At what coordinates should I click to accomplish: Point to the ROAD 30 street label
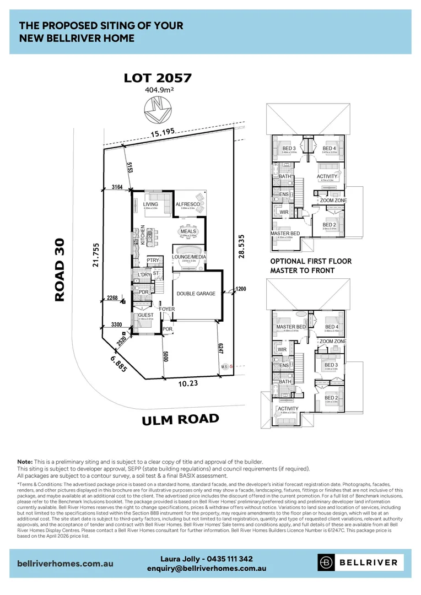pyautogui.click(x=60, y=269)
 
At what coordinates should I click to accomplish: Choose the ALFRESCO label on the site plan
pyautogui.click(x=188, y=204)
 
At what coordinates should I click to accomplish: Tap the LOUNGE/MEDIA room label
pyautogui.click(x=188, y=257)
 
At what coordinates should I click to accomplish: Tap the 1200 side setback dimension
pyautogui.click(x=241, y=289)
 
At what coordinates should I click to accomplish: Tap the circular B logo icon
pyautogui.click(x=327, y=562)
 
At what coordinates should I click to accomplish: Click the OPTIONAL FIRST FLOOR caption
pyautogui.click(x=310, y=261)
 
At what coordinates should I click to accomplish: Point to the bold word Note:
pyautogui.click(x=25, y=462)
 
